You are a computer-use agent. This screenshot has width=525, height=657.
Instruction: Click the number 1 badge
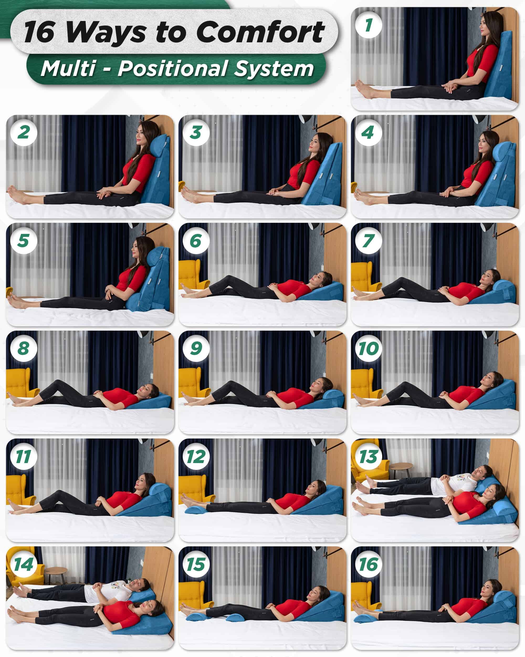tap(369, 25)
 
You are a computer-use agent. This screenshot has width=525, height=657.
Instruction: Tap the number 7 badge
tap(369, 241)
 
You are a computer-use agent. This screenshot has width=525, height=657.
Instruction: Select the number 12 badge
tap(196, 457)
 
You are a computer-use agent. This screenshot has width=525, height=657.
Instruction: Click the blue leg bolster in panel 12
tap(196, 509)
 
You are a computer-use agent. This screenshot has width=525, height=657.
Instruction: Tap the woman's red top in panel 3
tap(303, 174)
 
